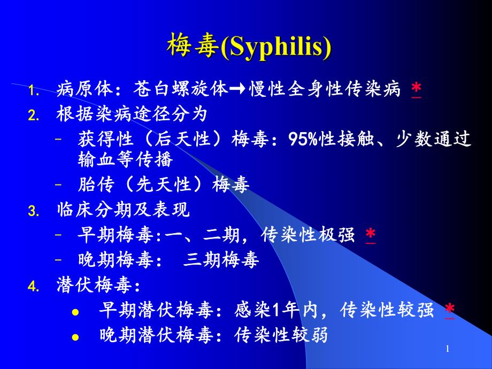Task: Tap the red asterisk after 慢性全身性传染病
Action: tap(416, 89)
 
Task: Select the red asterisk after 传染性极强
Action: tap(370, 235)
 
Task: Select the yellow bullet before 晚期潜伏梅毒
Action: tap(75, 337)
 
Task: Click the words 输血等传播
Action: tap(125, 159)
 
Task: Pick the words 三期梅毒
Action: tap(221, 260)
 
